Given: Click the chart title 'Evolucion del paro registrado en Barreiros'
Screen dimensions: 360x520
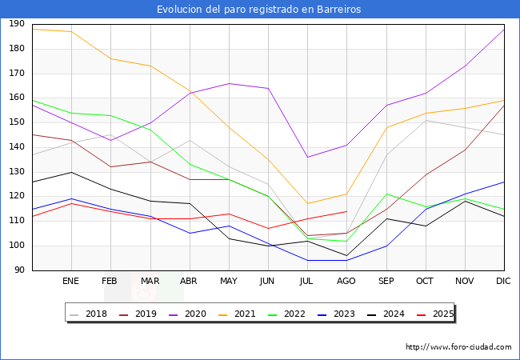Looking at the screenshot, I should tap(259, 10).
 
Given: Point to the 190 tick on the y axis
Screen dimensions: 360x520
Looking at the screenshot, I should tap(17, 24).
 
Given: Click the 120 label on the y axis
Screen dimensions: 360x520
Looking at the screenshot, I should tap(17, 197).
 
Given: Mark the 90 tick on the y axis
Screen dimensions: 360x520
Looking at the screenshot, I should tap(19, 270).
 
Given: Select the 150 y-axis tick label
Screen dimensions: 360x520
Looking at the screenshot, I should tap(17, 122).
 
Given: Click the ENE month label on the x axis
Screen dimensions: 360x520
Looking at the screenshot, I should tap(70, 282).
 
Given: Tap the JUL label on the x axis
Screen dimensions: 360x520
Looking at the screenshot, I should tap(306, 282).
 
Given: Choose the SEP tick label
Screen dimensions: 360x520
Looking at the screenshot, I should tap(386, 282).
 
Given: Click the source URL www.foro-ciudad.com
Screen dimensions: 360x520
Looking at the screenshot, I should tap(458, 347).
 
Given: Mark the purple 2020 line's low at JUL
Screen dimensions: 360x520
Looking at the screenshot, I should tap(307, 157).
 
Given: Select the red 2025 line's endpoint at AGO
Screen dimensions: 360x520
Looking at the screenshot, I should tap(346, 211).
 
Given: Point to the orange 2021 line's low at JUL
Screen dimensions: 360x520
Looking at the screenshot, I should tap(307, 204).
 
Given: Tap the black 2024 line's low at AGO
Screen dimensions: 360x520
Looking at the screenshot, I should tap(346, 256).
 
